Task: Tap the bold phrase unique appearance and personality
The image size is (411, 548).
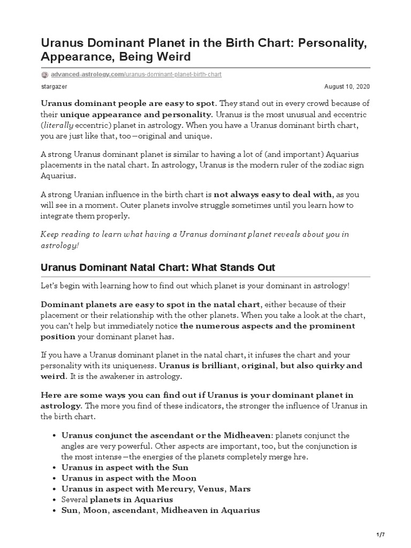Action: pos(136,114)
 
